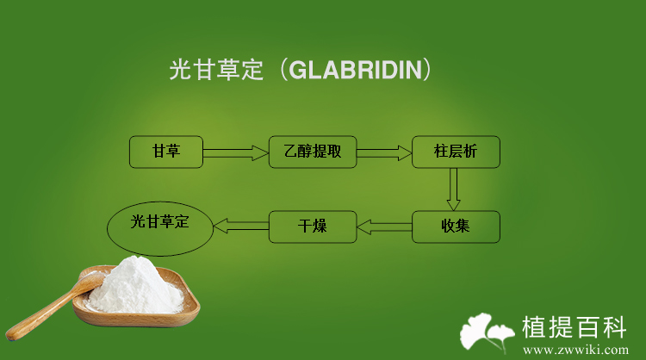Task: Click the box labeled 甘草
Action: click(x=166, y=152)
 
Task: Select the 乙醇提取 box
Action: click(x=313, y=152)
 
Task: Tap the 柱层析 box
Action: click(x=456, y=152)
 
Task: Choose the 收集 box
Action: click(x=456, y=227)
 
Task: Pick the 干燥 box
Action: click(x=313, y=227)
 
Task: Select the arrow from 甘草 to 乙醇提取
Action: click(x=236, y=152)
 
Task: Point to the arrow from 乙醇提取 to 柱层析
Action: click(x=384, y=152)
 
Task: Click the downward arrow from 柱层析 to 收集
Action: click(x=454, y=189)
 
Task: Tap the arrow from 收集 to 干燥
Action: click(x=384, y=227)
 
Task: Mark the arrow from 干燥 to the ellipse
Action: click(x=241, y=227)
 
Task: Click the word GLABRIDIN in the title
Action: click(x=356, y=70)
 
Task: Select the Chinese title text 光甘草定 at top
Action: click(x=216, y=70)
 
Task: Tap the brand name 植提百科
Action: click(x=575, y=327)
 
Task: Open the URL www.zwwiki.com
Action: click(x=576, y=351)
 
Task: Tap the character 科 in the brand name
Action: click(x=614, y=327)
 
